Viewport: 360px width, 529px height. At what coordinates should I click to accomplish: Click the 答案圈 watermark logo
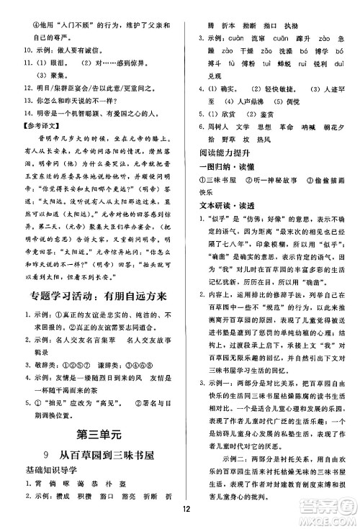(332, 501)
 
